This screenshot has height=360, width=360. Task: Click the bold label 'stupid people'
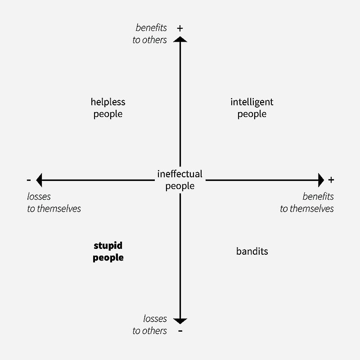(x=108, y=252)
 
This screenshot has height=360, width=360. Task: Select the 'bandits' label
(x=252, y=251)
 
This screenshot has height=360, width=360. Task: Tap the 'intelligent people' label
(x=252, y=108)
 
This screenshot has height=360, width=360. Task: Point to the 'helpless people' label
(x=108, y=108)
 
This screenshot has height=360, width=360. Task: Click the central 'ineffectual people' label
(x=180, y=180)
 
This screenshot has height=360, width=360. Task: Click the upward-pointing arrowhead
(x=180, y=40)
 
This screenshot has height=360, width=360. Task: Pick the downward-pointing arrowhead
(x=180, y=321)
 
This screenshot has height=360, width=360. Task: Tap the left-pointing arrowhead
(x=39, y=180)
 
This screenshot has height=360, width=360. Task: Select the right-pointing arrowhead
(x=321, y=180)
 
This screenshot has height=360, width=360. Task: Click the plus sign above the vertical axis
(x=180, y=28)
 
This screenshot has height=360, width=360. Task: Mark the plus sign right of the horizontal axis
(x=331, y=180)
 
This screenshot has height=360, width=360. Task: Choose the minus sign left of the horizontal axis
(x=29, y=180)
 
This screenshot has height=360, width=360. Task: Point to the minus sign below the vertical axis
(x=180, y=331)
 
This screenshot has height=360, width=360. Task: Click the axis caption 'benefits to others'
(x=150, y=34)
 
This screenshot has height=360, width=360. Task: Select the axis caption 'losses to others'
(x=150, y=324)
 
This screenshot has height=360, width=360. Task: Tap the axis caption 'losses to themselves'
(x=54, y=202)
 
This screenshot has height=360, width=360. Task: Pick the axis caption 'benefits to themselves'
(x=307, y=202)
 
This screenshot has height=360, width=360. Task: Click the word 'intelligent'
(x=252, y=102)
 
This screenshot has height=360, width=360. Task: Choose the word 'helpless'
(x=108, y=102)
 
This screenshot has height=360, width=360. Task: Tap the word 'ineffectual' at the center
(x=180, y=174)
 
